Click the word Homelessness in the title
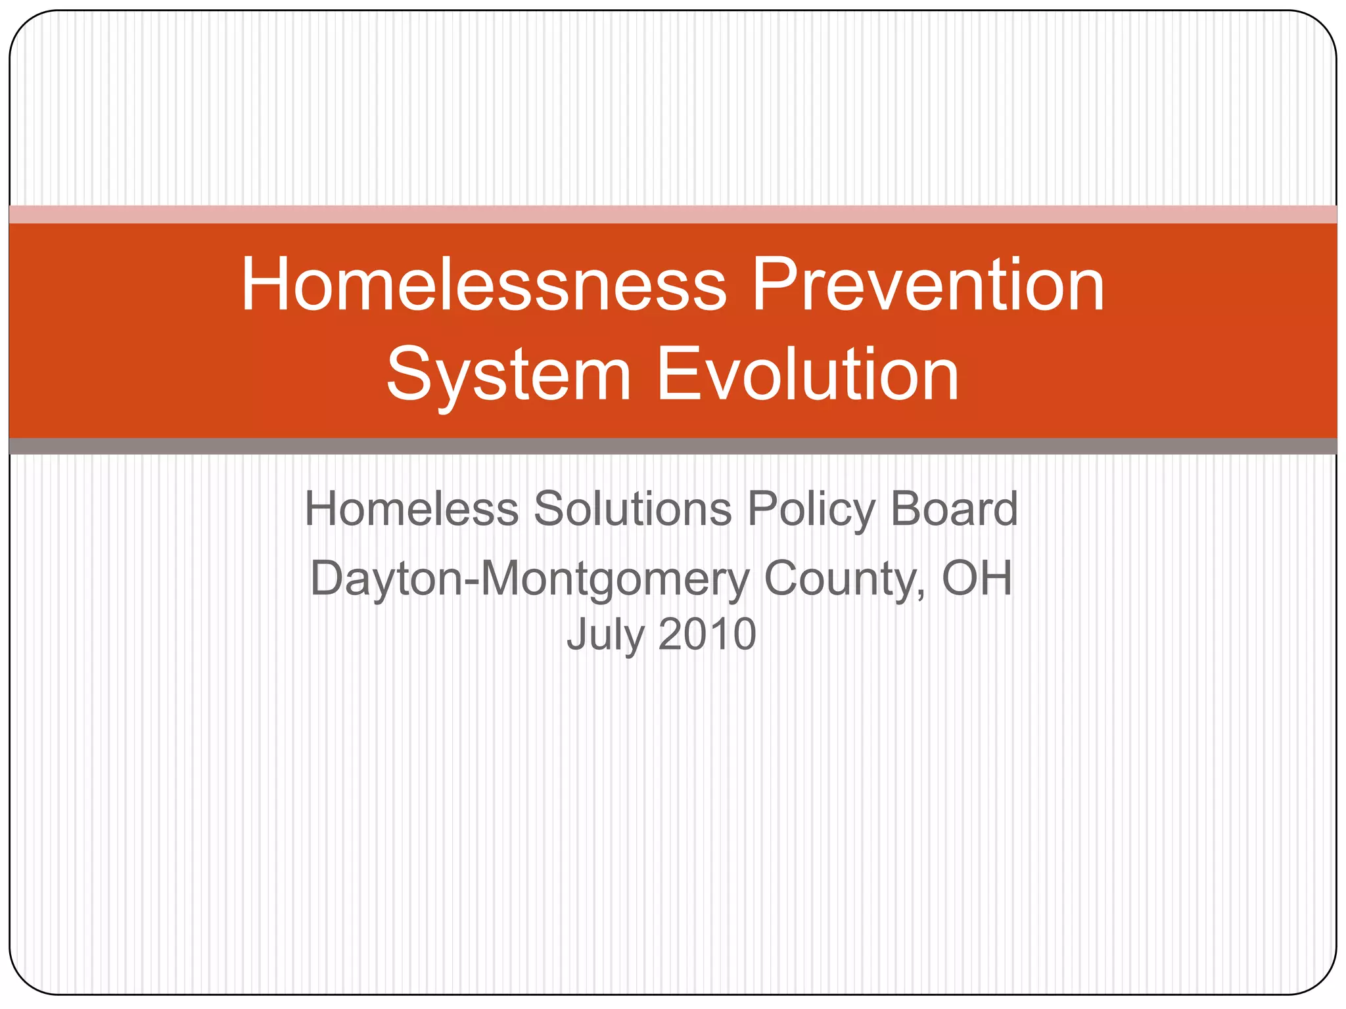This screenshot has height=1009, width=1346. [484, 285]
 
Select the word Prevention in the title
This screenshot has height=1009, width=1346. [927, 285]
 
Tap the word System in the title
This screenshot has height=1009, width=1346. [509, 375]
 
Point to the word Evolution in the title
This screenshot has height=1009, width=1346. [808, 375]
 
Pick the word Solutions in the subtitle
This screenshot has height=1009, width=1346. [632, 510]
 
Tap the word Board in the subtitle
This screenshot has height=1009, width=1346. [954, 510]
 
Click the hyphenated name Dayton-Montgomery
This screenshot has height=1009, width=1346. [529, 579]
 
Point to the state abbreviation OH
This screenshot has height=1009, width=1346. [977, 578]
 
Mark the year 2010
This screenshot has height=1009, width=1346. [707, 635]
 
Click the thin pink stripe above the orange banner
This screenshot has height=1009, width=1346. [673, 214]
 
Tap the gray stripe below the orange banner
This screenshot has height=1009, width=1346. [673, 446]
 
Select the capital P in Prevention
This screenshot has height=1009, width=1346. [774, 285]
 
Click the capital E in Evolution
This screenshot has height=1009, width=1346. [677, 375]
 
